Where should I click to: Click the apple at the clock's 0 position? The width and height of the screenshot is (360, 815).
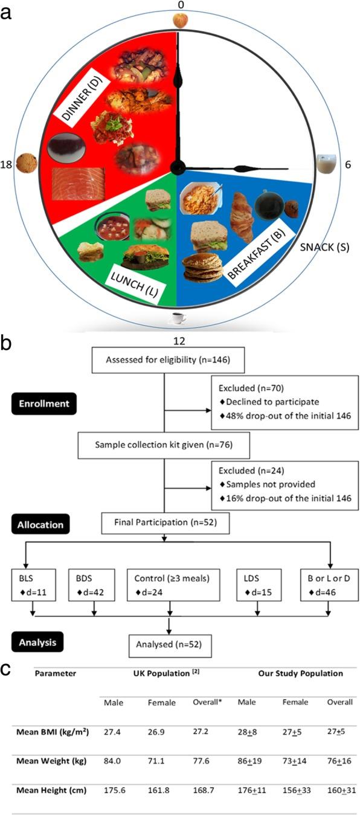[179, 21]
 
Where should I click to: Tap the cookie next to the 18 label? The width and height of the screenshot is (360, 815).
[27, 163]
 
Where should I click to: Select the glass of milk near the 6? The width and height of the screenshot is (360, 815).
[327, 164]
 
